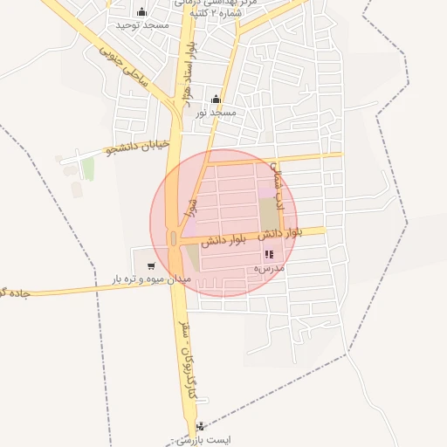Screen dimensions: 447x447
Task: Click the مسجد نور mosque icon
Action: point(217,99)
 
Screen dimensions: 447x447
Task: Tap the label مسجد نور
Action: point(216,113)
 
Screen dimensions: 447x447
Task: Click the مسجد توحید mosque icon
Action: point(141,12)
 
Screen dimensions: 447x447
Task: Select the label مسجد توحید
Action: point(141,27)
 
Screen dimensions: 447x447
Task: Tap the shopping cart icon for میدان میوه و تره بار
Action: point(152,265)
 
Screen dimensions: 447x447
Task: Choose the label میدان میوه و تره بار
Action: point(150,279)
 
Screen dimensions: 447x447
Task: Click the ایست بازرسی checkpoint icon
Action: point(202,427)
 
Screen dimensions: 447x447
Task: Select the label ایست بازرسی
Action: point(202,441)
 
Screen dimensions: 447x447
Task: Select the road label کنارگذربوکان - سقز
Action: point(188,367)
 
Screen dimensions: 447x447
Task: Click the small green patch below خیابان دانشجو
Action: point(88,168)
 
